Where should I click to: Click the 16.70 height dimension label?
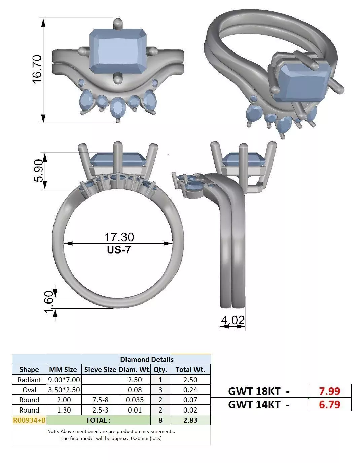[x=37, y=69]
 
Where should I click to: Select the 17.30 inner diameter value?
[x=119, y=237]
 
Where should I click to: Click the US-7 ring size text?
[x=119, y=250]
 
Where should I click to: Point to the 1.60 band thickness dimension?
[x=49, y=302]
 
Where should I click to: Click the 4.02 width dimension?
[x=232, y=320]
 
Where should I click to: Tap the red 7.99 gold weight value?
[x=329, y=391]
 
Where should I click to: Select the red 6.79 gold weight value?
[x=329, y=404]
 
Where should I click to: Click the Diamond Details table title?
[x=147, y=359]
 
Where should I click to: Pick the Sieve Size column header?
[x=100, y=369]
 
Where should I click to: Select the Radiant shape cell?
[x=29, y=380]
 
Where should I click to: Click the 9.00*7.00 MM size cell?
[x=64, y=380]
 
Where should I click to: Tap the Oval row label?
[x=29, y=390]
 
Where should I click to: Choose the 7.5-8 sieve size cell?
[x=100, y=400]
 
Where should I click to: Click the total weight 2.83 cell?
[x=190, y=420]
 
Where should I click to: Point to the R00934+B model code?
[x=29, y=420]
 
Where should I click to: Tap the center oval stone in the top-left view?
[x=117, y=107]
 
